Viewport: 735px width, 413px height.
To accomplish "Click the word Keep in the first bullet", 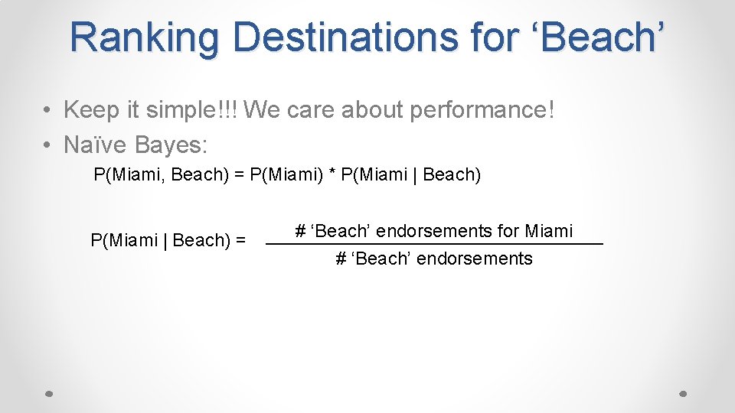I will pyautogui.click(x=92, y=110).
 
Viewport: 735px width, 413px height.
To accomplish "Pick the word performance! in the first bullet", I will pyautogui.click(x=482, y=110).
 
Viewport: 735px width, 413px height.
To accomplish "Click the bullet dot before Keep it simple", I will pyautogui.click(x=47, y=111).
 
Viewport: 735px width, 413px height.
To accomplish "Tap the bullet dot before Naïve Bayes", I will pyautogui.click(x=47, y=145).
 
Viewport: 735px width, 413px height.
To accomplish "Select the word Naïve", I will pyautogui.click(x=96, y=144).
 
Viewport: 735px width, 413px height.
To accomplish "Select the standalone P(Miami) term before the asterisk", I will pyautogui.click(x=287, y=174).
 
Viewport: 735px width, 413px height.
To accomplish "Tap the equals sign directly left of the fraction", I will pyautogui.click(x=240, y=240).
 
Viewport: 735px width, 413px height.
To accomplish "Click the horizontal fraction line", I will pyautogui.click(x=434, y=243).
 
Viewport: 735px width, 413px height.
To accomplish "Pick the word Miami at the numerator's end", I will pyautogui.click(x=549, y=230).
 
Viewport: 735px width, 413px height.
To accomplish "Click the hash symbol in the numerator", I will pyautogui.click(x=300, y=230).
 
